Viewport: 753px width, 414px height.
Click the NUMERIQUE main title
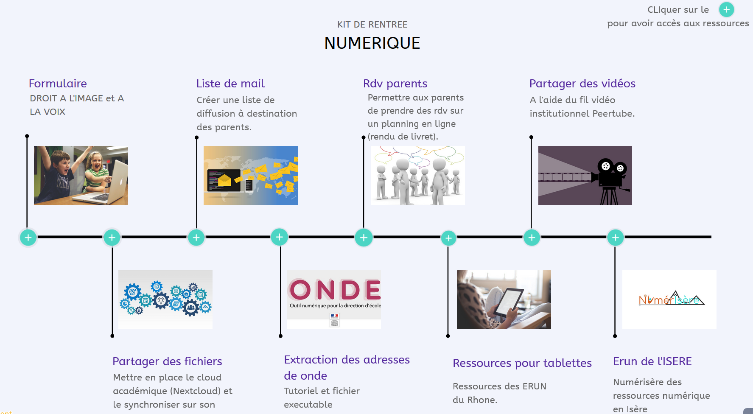[x=372, y=43]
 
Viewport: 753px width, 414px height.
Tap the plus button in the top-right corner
[x=726, y=9]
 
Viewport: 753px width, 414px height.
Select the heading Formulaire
[x=58, y=83]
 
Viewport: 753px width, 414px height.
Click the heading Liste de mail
[x=230, y=83]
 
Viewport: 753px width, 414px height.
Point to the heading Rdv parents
[x=395, y=84]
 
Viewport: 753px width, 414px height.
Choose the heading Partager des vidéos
[x=582, y=84]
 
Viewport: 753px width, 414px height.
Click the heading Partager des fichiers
[x=167, y=361]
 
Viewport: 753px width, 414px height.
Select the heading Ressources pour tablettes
[x=522, y=363]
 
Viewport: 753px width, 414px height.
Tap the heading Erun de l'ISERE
[x=652, y=361]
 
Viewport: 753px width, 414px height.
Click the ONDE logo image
[x=334, y=299]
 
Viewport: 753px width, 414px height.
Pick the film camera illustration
[x=585, y=175]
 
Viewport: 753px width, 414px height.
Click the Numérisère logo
[x=669, y=299]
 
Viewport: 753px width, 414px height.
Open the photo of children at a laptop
[x=81, y=175]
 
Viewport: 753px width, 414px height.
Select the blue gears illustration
[x=165, y=299]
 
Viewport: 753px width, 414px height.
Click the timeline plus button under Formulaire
[x=28, y=238]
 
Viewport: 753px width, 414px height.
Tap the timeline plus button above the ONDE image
[x=280, y=237]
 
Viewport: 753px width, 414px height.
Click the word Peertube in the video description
[x=613, y=114]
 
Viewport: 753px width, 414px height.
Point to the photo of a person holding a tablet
[x=504, y=299]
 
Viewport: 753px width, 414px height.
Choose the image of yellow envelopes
[x=251, y=175]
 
